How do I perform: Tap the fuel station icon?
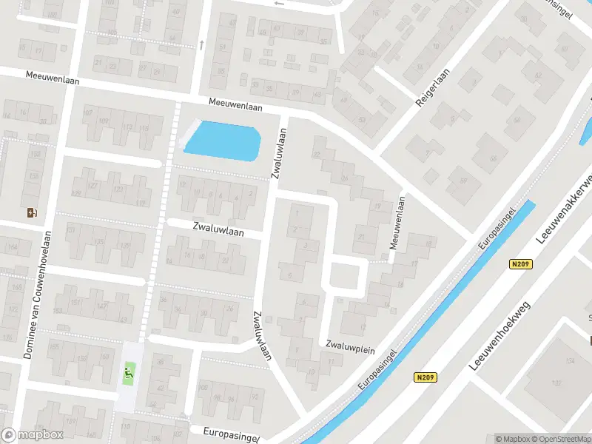(x=32, y=213)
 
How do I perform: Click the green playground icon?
(x=129, y=372)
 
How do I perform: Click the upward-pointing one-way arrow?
(x=201, y=45)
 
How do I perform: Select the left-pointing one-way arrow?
(x=278, y=4)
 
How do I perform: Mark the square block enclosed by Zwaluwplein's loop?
(x=343, y=276)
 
